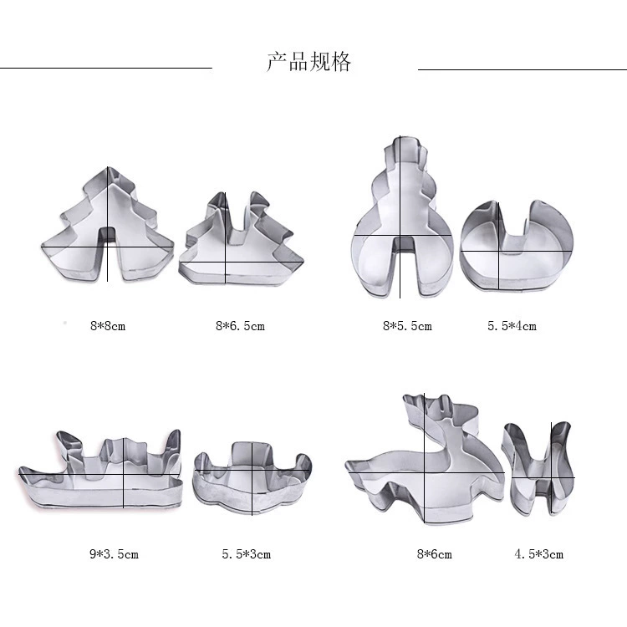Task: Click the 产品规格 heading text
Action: pos(308,62)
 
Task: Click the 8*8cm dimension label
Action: pos(108,326)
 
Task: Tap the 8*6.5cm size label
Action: pos(240,326)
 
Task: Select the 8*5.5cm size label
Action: pos(407,326)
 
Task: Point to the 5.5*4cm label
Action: pos(512,326)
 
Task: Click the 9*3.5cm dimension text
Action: pos(114,554)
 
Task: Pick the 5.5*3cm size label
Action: pos(247,554)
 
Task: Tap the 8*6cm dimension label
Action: pos(434,554)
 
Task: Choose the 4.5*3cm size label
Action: pos(538,554)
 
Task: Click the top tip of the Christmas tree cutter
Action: pos(108,167)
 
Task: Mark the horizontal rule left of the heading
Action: pos(106,68)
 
